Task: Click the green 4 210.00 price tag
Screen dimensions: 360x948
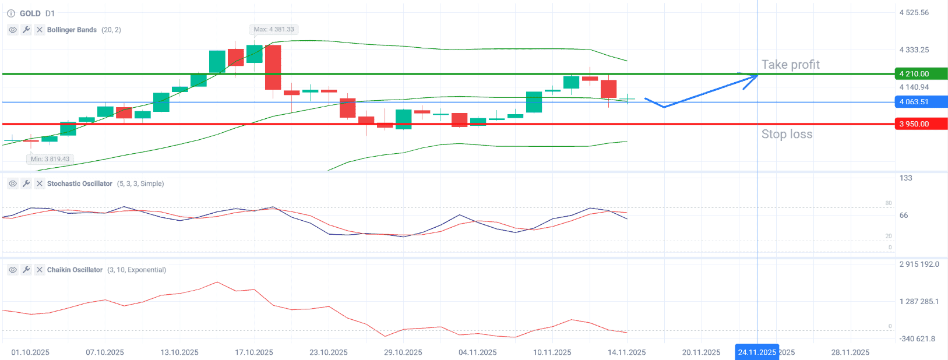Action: point(921,74)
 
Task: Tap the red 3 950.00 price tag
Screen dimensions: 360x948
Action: point(921,124)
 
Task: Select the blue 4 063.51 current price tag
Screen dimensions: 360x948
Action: point(921,102)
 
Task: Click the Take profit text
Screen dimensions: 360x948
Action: point(790,65)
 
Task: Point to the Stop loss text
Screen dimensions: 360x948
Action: point(787,135)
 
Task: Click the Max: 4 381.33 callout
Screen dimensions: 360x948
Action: point(274,29)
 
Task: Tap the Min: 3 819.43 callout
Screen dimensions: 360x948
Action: point(50,159)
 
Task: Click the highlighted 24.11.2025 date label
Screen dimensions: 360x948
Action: point(757,352)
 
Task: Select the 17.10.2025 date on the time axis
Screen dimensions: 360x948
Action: point(254,352)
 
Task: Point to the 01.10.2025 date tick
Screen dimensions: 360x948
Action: point(30,352)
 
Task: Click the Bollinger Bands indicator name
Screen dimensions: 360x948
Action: point(72,30)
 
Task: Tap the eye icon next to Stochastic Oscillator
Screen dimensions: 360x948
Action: point(13,183)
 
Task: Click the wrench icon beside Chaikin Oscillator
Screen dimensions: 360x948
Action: point(26,270)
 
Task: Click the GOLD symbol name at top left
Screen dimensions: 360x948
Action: point(30,13)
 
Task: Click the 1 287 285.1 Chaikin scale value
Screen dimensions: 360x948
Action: point(919,302)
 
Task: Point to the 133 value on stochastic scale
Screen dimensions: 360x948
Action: point(906,178)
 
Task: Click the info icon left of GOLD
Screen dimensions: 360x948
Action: point(11,13)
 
